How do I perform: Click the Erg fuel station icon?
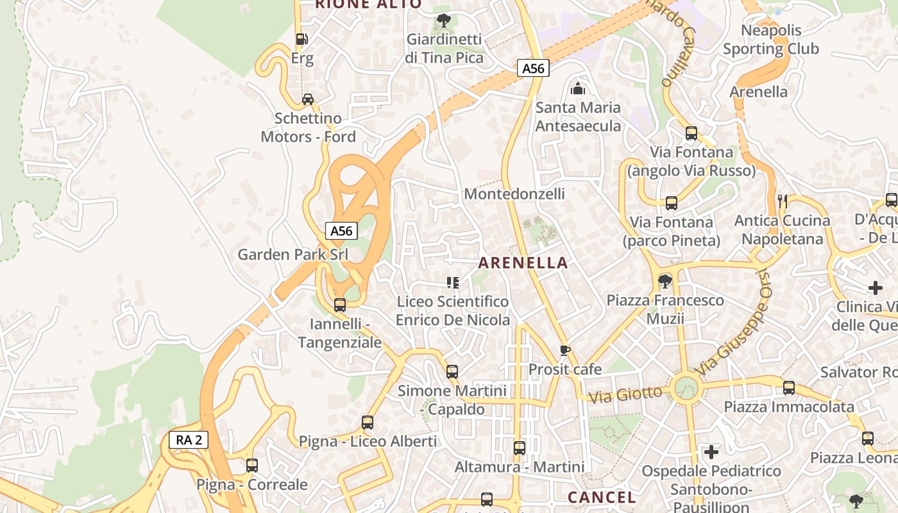tap(301, 39)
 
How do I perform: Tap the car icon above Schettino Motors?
tap(308, 99)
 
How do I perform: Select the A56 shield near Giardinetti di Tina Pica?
tap(533, 68)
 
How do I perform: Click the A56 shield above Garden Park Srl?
tap(341, 231)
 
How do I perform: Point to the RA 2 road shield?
tap(189, 440)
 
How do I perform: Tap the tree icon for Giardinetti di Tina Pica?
tap(443, 21)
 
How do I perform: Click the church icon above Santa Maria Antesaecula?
tap(578, 88)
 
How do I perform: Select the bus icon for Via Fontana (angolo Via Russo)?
tap(691, 133)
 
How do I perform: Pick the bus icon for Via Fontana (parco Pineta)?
tap(672, 203)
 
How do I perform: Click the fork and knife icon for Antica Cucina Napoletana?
tap(782, 201)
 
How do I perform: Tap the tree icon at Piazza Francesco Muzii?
tap(665, 281)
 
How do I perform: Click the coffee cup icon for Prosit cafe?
tap(564, 350)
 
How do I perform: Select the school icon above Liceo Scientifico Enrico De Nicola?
tap(453, 283)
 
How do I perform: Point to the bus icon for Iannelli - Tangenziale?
tap(340, 305)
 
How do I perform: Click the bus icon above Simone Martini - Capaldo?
tap(452, 371)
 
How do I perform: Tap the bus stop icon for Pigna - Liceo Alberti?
tap(368, 423)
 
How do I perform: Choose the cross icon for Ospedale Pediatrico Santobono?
tap(711, 452)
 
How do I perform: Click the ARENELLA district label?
tap(523, 263)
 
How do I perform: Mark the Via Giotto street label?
tap(625, 394)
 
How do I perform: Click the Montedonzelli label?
tap(514, 194)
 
